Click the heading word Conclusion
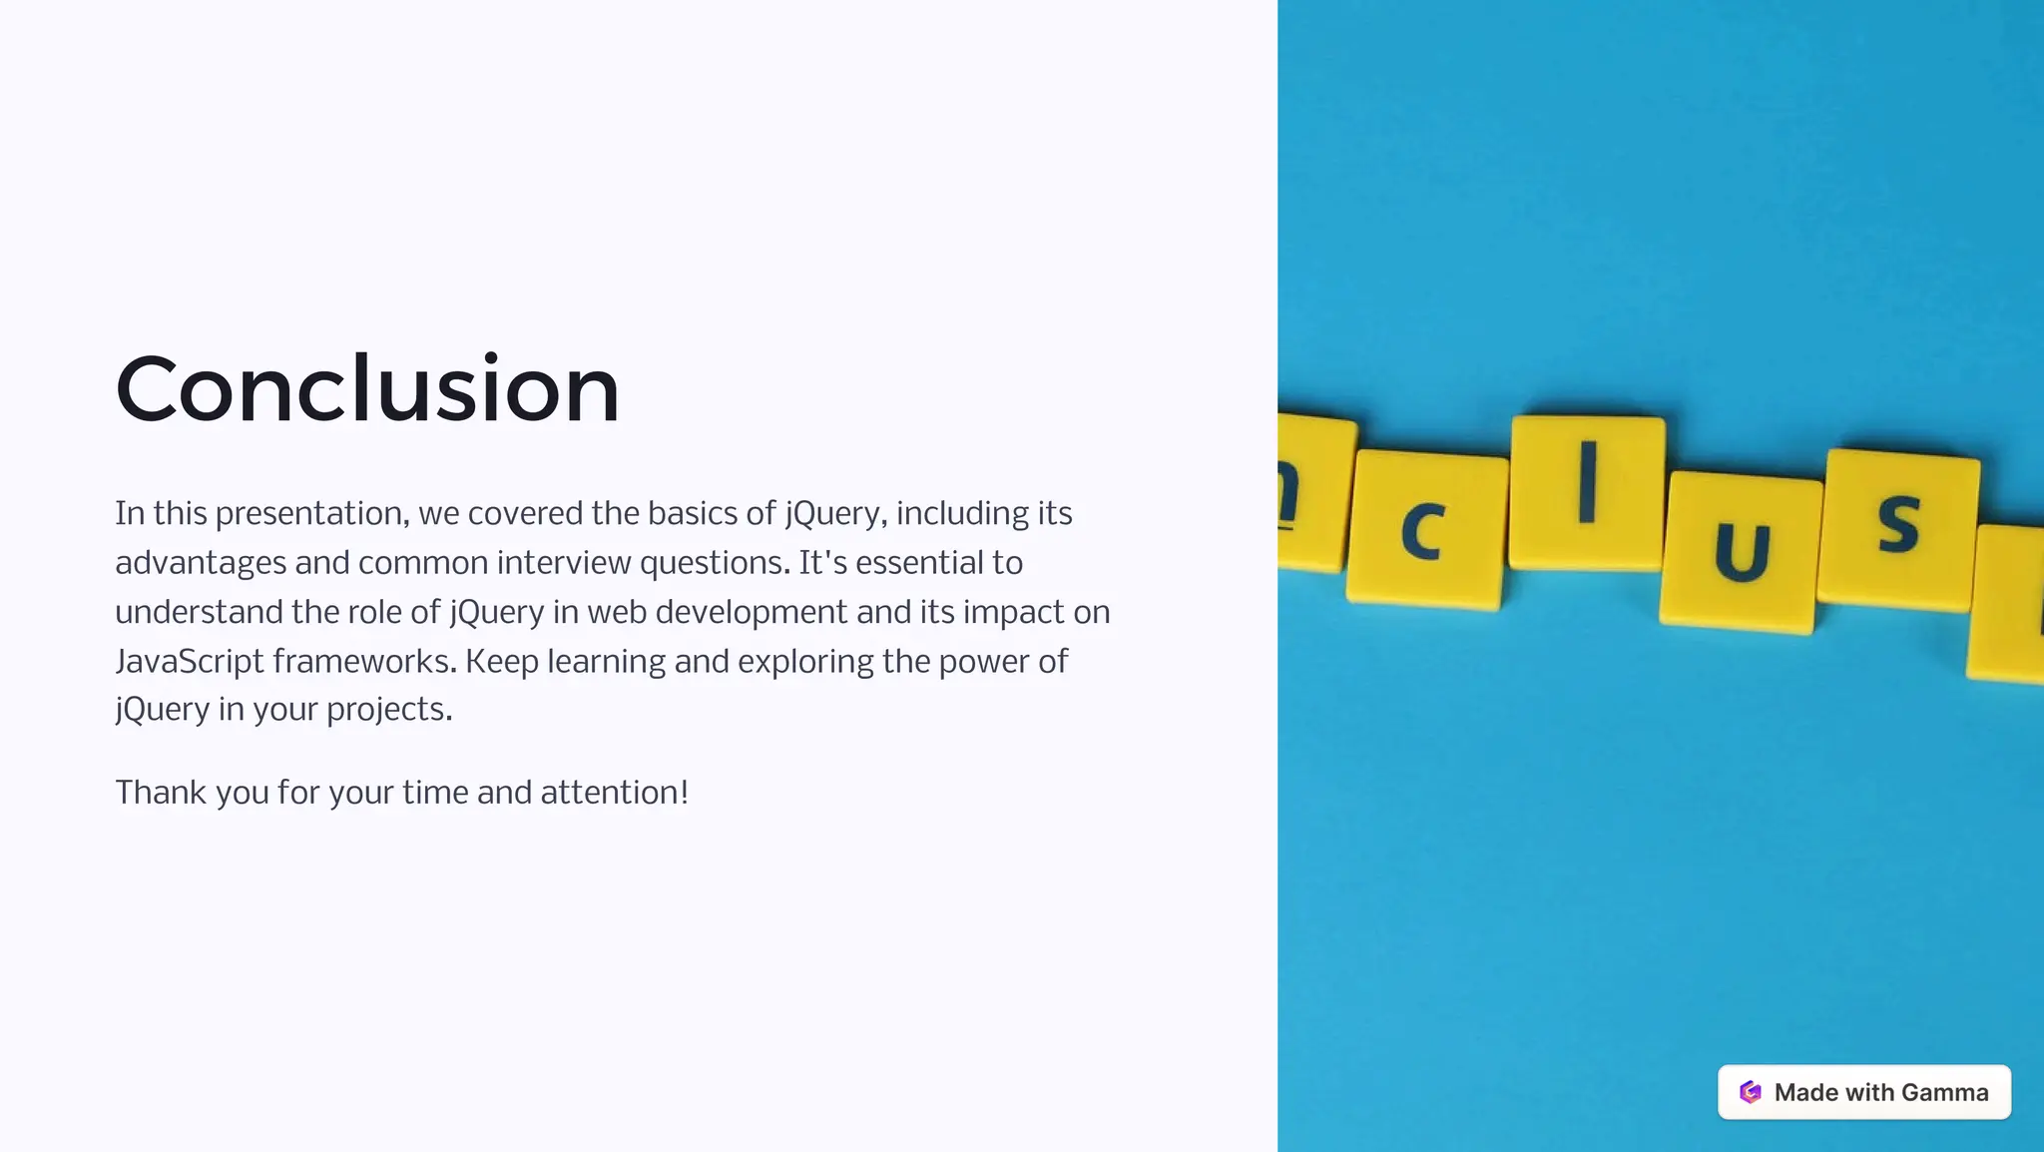point(367,389)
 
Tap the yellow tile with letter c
point(1426,529)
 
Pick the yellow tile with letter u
point(1741,551)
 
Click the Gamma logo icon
point(1750,1092)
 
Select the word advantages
point(201,564)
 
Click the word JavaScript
point(190,662)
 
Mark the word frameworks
point(364,662)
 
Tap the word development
point(751,612)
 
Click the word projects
point(389,710)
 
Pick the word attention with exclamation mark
point(614,793)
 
